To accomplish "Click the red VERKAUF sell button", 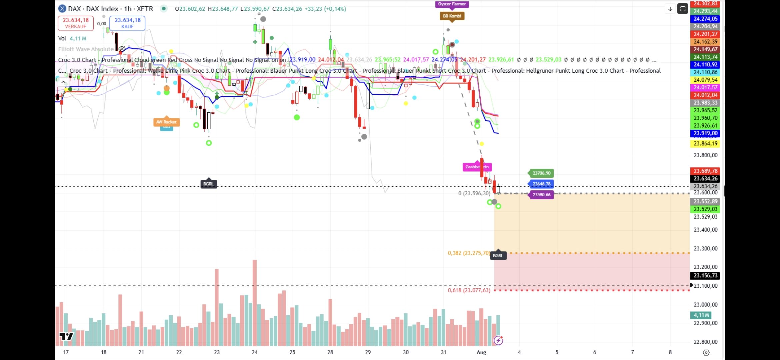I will tap(76, 23).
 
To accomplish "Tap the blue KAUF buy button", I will tap(127, 23).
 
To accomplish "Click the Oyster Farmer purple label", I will tap(452, 4).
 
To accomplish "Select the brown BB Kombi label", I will tap(452, 16).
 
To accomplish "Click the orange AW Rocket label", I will tap(166, 122).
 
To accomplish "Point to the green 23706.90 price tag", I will tap(541, 173).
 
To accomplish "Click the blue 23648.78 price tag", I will tap(541, 184).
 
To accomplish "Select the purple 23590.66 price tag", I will tap(541, 195).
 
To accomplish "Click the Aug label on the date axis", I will tap(481, 352).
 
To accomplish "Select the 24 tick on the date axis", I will tap(255, 352).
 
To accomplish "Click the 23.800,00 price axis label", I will tap(705, 155).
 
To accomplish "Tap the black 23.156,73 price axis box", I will tap(705, 276).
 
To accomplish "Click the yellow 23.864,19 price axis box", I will tap(705, 144).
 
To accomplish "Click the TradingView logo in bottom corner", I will tap(66, 336).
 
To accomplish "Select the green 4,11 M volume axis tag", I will tap(701, 315).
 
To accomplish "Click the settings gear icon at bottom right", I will tap(706, 352).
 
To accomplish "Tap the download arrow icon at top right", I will tap(670, 9).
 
